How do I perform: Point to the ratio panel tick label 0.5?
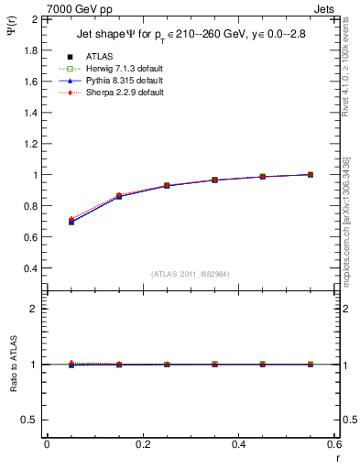click(33, 420)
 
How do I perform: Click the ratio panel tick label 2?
click(38, 309)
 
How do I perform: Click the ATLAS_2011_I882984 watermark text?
click(191, 274)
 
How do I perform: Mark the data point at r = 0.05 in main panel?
click(71, 221)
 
